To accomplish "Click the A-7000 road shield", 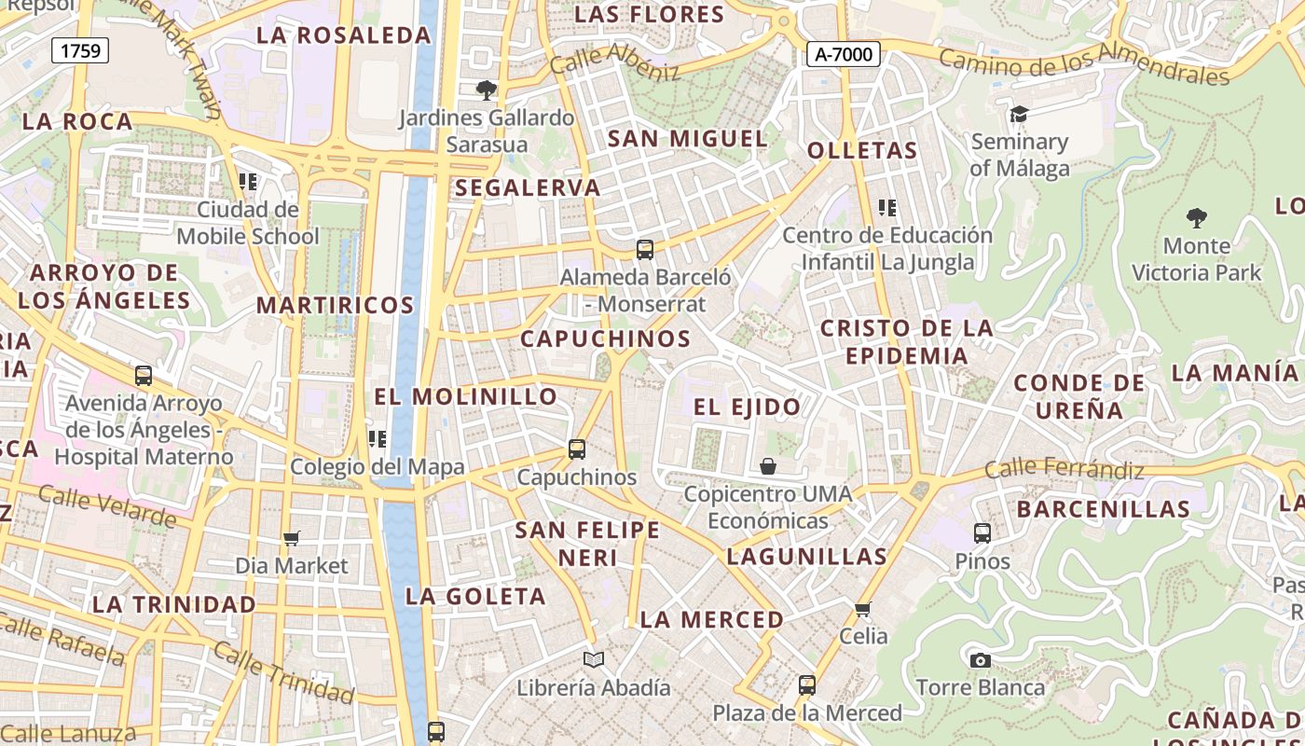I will (844, 55).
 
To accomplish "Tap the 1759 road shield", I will (80, 50).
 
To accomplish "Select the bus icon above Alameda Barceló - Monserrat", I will (645, 250).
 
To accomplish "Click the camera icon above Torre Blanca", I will (980, 660).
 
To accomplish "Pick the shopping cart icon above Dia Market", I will (292, 538).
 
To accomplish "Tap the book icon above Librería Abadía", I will (594, 660).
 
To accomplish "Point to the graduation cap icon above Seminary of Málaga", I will (1019, 115).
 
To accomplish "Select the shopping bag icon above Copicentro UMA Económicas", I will (768, 466).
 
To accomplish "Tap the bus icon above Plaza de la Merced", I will (807, 685).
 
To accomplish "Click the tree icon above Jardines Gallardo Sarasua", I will (486, 90).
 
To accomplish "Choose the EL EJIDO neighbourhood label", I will (747, 407).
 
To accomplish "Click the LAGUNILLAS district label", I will (806, 557).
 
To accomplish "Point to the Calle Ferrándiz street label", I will (1064, 468).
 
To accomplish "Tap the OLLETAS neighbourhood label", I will (862, 150).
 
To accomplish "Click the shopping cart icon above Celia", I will (863, 610).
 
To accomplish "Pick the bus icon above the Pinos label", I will (982, 533).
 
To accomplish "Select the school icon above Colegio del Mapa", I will (378, 438).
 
